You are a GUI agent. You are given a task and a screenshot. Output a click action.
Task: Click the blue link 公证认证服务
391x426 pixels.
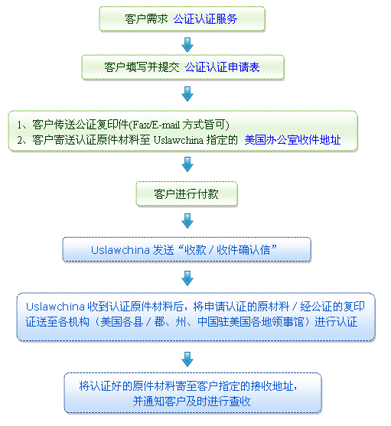205,19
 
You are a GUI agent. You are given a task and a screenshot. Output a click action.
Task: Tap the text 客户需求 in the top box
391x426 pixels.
146,19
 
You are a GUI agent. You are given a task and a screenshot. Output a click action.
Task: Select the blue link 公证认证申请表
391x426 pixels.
222,67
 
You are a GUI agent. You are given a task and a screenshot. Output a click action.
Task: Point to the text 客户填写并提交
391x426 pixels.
142,67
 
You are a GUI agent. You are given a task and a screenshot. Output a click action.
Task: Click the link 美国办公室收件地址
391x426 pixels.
292,140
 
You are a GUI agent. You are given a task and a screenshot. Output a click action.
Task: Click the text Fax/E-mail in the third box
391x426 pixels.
155,125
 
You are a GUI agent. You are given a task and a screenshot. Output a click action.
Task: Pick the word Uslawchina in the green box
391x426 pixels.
178,140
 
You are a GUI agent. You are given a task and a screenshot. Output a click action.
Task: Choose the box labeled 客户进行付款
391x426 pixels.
187,193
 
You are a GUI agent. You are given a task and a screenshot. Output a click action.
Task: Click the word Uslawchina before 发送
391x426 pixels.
120,250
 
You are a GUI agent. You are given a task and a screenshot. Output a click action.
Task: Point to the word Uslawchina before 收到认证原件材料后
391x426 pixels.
55,307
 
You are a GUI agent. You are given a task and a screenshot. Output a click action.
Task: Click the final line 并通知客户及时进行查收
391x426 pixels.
191,402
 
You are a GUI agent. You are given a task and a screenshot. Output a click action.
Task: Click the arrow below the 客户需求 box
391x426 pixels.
187,44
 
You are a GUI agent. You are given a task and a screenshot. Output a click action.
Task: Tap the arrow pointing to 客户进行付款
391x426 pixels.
187,164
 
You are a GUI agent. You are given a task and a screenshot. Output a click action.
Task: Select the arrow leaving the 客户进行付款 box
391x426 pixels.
187,220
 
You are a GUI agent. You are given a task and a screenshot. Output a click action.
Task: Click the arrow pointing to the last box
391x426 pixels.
187,359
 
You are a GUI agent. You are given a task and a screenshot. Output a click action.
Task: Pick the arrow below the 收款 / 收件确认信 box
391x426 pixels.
187,278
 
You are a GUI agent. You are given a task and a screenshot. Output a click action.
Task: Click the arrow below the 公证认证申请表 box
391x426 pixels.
187,94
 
